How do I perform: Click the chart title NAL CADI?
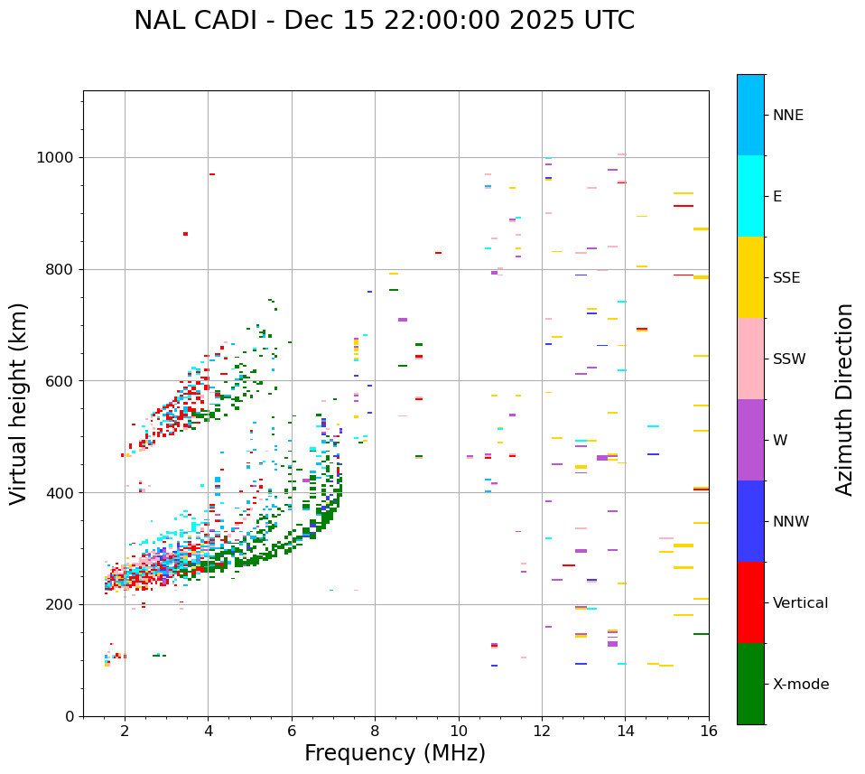click(384, 21)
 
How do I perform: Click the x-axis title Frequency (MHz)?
click(395, 753)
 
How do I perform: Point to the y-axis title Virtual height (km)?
click(19, 404)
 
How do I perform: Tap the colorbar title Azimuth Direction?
click(844, 399)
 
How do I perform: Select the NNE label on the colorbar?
click(787, 116)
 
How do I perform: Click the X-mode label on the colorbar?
click(800, 685)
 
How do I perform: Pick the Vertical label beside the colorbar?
click(800, 603)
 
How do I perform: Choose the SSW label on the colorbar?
click(789, 359)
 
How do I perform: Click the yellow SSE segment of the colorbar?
click(750, 277)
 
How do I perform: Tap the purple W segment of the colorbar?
click(750, 440)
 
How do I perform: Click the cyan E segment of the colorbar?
click(750, 196)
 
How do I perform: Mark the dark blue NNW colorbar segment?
click(750, 521)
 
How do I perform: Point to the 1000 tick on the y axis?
click(56, 157)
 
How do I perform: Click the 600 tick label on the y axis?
click(60, 381)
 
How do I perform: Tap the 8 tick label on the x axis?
click(375, 730)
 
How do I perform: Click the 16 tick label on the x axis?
click(709, 730)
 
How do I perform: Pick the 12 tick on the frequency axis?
click(542, 730)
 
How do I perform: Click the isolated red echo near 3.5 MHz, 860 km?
click(185, 234)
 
